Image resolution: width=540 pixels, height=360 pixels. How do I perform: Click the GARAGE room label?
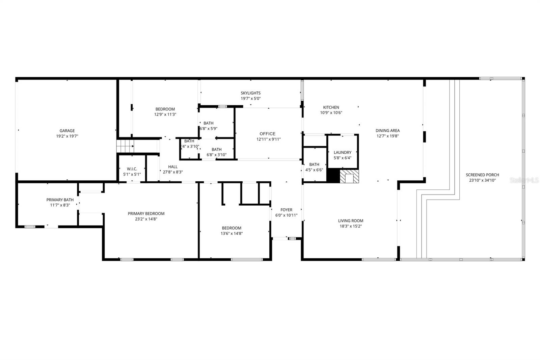[67, 131]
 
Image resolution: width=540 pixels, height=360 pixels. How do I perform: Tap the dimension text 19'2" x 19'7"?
[67, 136]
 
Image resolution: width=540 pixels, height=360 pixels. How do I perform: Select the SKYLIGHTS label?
[250, 93]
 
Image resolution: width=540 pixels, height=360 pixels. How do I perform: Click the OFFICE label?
[268, 134]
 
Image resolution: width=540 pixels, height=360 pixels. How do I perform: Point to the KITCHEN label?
[331, 107]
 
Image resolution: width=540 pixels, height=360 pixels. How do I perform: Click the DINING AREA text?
[387, 131]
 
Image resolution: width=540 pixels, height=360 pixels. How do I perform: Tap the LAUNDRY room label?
[343, 152]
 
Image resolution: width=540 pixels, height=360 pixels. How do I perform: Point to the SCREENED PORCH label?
[482, 175]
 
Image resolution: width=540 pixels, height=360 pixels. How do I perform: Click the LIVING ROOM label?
[351, 221]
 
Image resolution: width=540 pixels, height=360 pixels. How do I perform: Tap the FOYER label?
[286, 210]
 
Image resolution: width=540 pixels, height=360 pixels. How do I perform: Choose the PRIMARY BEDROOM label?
[146, 213]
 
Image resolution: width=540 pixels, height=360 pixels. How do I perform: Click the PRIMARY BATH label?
[60, 200]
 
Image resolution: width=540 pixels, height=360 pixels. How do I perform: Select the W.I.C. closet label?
[132, 169]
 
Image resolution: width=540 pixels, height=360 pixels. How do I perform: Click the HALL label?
[173, 166]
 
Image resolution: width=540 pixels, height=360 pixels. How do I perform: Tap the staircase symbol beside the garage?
[125, 146]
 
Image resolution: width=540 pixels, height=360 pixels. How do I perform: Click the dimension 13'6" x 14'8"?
[232, 233]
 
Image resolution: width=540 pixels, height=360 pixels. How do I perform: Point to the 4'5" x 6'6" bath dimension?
[314, 170]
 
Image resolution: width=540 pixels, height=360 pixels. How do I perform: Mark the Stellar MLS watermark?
[524, 180]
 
